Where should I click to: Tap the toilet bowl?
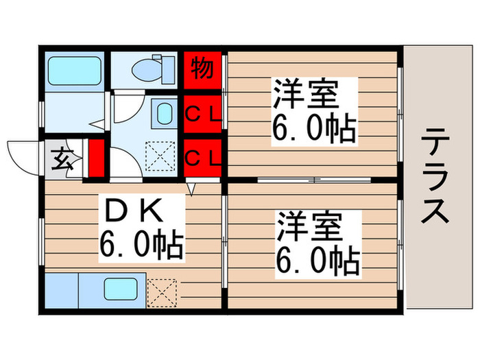click(148, 69)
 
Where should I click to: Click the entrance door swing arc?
click(24, 154)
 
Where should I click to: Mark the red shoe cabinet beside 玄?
click(96, 158)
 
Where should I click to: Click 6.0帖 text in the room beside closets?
click(314, 128)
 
